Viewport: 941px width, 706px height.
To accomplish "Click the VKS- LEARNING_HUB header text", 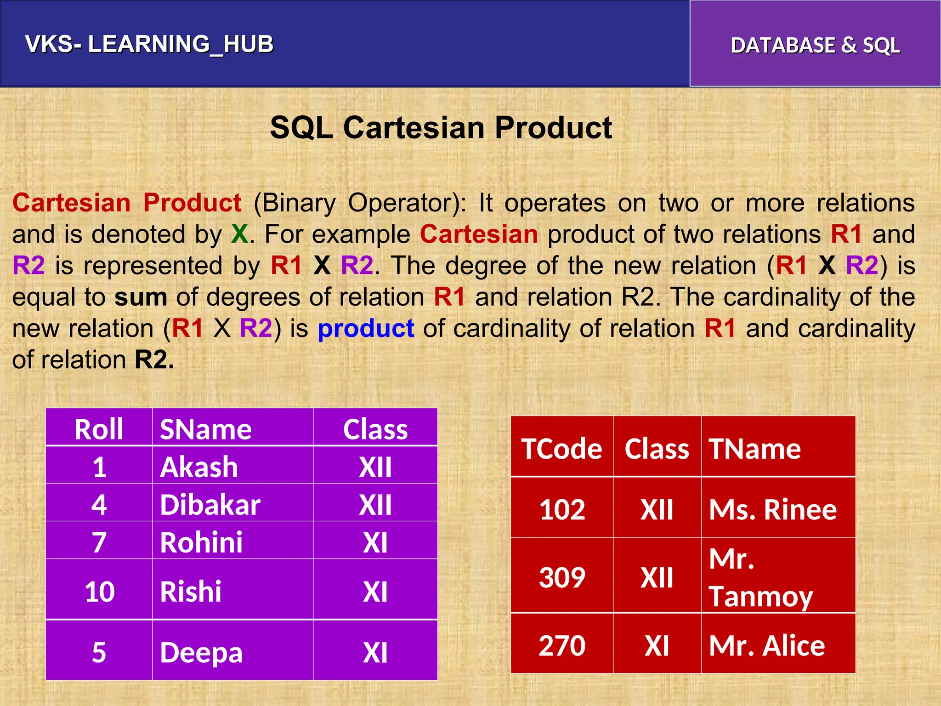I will pos(149,45).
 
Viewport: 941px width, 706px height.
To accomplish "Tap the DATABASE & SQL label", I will pos(815,46).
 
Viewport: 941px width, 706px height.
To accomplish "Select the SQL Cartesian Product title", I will pos(441,127).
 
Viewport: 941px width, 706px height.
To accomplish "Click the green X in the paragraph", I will pos(239,234).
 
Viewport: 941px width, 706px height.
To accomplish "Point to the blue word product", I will pos(366,329).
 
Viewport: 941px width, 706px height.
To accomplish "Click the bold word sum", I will pos(141,297).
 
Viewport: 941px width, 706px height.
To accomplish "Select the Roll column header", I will pos(99,429).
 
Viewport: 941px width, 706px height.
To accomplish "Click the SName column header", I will pos(205,429).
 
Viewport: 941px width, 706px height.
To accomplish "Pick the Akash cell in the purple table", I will pos(199,467).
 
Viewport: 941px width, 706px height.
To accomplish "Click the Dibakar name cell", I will pos(210,505).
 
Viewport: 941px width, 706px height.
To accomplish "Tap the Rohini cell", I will pos(201,542).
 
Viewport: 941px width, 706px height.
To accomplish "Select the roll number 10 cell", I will pos(99,591).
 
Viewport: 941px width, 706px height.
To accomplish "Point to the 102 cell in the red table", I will pos(562,509).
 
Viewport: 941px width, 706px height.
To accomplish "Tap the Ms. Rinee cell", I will pos(773,509).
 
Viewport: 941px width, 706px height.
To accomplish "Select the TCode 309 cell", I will pos(562,577).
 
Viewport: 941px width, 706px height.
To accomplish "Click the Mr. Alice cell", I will pos(767,645).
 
